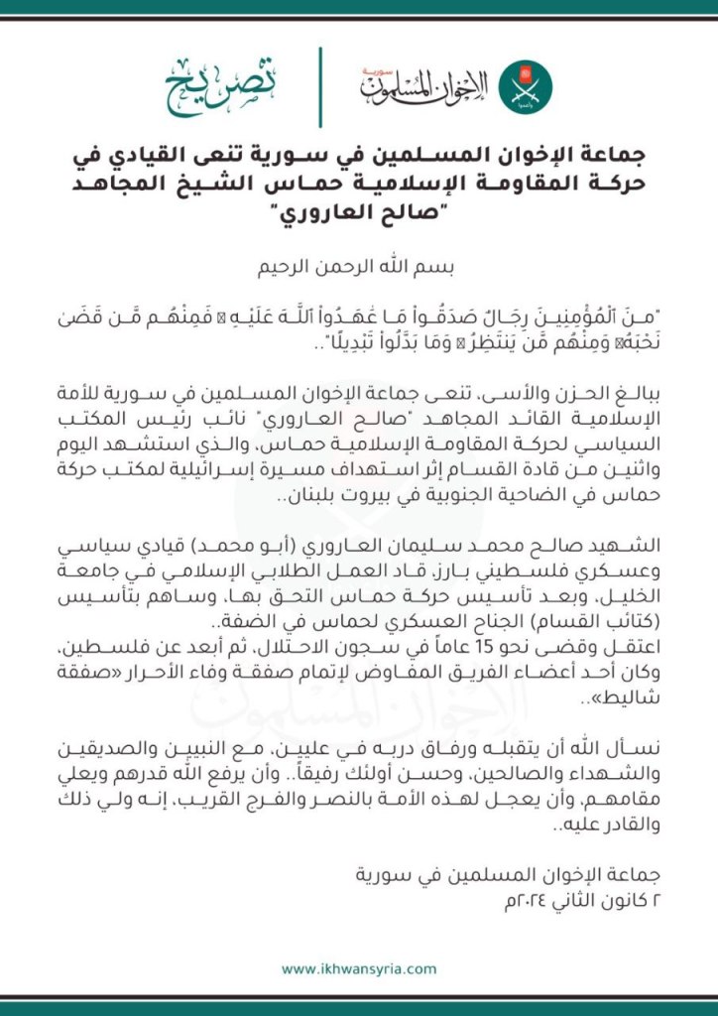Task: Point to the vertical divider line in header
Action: [320, 86]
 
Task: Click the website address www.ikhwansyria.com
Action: [359, 968]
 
